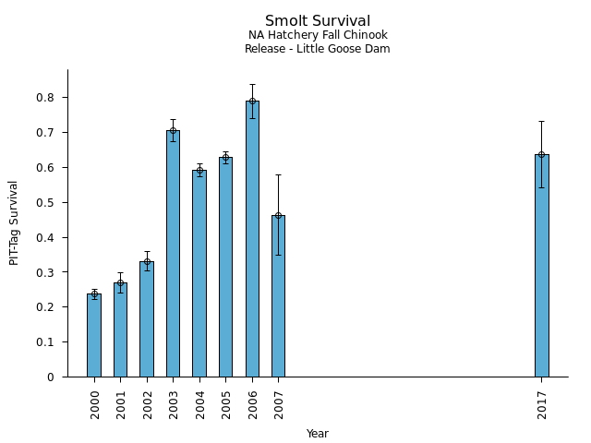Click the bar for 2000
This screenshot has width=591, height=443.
tap(94, 335)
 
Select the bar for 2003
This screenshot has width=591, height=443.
tap(173, 254)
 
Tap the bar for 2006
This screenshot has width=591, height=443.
tap(252, 239)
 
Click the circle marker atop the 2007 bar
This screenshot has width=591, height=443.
tap(278, 215)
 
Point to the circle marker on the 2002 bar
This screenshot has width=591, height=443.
tap(147, 261)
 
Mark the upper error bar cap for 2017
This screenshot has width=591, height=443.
tap(541, 121)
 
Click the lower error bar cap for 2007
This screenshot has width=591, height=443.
tap(278, 255)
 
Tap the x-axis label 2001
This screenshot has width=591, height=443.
tap(121, 403)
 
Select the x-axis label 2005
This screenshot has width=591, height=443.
tap(226, 403)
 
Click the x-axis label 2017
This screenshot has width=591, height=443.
tap(542, 403)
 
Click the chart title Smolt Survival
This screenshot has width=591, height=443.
tap(317, 21)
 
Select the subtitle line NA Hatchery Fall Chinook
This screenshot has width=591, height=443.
tap(317, 35)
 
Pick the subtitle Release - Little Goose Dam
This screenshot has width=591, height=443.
tap(317, 49)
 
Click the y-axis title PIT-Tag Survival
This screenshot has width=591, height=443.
tap(14, 222)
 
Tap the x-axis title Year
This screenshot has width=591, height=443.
tap(317, 434)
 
